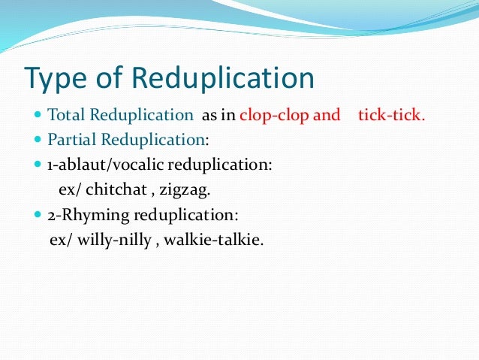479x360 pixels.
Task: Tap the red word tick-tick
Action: coord(392,116)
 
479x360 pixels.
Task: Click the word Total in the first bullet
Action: coord(66,116)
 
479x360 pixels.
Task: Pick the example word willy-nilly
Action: coord(104,241)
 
